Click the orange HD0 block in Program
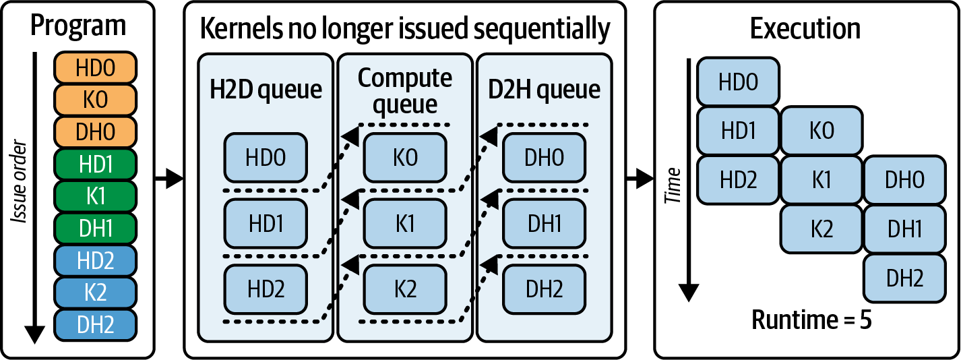[x=95, y=68]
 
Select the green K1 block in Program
[x=95, y=196]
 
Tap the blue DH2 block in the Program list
[x=95, y=325]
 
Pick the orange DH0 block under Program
[x=95, y=131]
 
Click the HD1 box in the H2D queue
[x=266, y=224]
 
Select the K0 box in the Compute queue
[x=405, y=158]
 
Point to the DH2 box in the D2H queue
[x=544, y=289]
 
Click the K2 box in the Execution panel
[x=821, y=229]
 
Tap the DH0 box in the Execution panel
[x=904, y=179]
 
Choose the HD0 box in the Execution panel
[x=738, y=82]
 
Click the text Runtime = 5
[x=811, y=320]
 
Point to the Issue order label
[x=19, y=181]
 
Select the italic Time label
[x=673, y=186]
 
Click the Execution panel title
[x=805, y=29]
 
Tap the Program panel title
[x=78, y=26]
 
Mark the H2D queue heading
[x=266, y=90]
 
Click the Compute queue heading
[x=405, y=90]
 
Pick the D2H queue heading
[x=544, y=90]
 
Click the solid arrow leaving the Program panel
[x=169, y=179]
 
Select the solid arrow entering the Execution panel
[x=640, y=179]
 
